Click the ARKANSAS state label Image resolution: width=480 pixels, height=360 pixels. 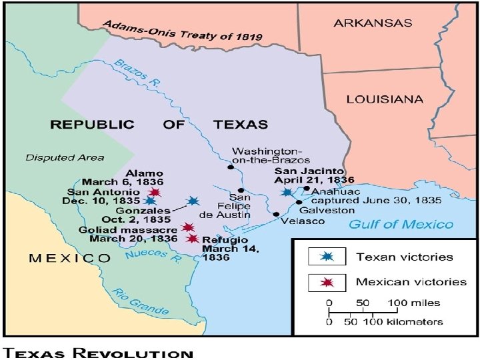click(x=373, y=22)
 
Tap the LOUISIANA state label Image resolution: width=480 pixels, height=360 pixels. click(x=384, y=99)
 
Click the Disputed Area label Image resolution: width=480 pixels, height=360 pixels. click(x=65, y=157)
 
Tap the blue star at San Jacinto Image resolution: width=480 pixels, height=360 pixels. click(x=287, y=192)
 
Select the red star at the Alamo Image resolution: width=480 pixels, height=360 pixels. click(x=156, y=192)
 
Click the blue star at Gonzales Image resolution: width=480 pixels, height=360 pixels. click(x=193, y=201)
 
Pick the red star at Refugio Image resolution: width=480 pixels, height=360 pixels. click(x=193, y=238)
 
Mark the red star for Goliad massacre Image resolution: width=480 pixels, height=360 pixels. click(x=188, y=227)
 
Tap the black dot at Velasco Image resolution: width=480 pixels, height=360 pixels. click(x=276, y=214)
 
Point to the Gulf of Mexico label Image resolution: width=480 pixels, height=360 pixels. click(x=401, y=224)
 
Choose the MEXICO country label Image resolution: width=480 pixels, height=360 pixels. click(x=69, y=258)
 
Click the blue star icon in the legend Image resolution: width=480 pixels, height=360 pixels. click(x=326, y=257)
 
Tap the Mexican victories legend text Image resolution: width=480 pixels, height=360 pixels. click(x=411, y=281)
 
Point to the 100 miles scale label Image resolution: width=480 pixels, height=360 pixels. click(x=418, y=303)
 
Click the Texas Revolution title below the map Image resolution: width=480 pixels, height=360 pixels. click(x=99, y=352)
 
